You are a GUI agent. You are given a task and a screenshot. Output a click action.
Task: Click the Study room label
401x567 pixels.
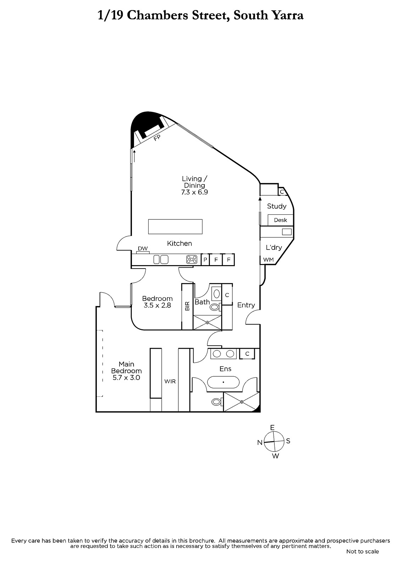point(277,206)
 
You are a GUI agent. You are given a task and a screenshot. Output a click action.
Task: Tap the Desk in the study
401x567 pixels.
point(280,220)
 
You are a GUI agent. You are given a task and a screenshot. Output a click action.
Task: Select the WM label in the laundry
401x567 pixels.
point(268,259)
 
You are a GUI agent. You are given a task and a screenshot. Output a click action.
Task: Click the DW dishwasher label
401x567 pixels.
point(143,248)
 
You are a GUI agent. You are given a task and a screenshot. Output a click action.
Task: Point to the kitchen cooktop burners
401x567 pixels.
point(192,259)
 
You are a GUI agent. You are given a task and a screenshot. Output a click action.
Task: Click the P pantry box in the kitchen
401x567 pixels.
point(205,259)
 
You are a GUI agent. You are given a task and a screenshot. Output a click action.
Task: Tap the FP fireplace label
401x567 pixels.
point(157,137)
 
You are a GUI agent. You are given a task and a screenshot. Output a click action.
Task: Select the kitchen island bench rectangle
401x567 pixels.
point(175,226)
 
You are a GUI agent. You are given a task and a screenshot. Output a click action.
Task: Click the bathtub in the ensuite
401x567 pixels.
point(223,382)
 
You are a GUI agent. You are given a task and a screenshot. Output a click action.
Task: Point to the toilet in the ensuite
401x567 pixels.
point(217,402)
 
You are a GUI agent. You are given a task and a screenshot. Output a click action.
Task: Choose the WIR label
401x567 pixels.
point(170,381)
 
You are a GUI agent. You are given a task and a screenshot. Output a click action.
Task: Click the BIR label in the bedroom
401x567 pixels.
point(187,306)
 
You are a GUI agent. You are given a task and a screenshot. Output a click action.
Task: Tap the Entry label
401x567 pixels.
point(246,305)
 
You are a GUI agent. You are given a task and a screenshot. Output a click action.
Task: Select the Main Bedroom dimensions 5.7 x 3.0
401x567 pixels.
point(127,378)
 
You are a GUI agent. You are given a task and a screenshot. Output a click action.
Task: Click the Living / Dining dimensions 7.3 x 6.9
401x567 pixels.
point(195,192)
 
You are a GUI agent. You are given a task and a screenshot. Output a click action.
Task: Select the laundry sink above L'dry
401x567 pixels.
point(287,232)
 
